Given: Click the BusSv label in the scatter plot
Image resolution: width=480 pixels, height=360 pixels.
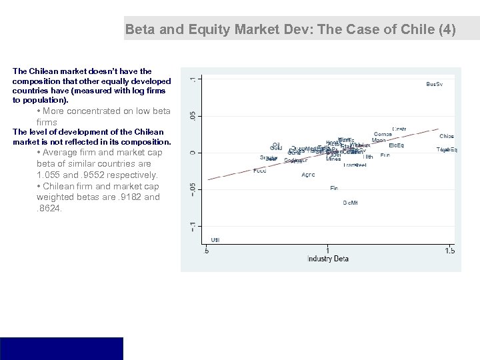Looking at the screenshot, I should click(x=434, y=84).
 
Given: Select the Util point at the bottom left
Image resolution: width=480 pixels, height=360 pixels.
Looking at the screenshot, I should click(x=215, y=239).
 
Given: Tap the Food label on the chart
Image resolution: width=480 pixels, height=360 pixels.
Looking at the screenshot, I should click(x=260, y=171).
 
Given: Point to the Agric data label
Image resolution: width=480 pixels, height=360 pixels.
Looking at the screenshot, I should click(x=308, y=175).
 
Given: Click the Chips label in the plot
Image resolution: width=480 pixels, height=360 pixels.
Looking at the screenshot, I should click(x=447, y=136).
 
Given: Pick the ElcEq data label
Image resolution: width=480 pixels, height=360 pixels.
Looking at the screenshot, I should click(x=396, y=145).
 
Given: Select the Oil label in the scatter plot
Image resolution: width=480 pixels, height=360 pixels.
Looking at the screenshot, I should click(x=276, y=143).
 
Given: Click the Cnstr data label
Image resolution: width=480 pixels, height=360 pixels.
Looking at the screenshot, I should click(x=399, y=129).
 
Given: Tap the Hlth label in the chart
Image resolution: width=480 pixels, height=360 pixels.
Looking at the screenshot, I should click(x=368, y=157).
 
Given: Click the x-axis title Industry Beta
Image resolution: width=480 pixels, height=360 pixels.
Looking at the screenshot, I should click(x=327, y=259).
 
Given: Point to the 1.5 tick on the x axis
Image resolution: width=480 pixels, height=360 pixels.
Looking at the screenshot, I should click(x=450, y=251).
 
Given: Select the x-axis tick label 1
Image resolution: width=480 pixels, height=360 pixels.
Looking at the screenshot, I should click(x=327, y=251).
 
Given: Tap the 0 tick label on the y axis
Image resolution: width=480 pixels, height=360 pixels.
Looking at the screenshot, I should click(x=193, y=153).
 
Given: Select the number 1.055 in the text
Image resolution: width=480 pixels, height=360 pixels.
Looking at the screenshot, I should click(x=49, y=175).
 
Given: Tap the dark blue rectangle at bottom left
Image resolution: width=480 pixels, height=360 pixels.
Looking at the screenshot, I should click(x=61, y=348).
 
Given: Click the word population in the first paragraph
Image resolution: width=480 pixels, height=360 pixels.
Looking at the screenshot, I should click(x=41, y=99).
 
